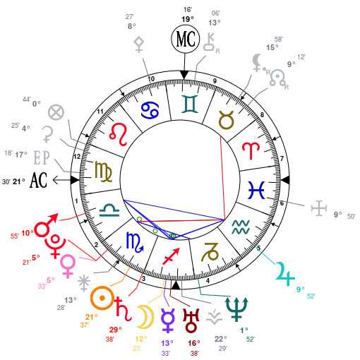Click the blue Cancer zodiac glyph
[x=150, y=109]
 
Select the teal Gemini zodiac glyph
[x=190, y=104]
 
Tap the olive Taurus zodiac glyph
[x=226, y=120]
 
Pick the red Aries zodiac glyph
[x=250, y=150]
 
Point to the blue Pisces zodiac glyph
[x=256, y=190]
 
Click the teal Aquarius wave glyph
[x=241, y=227]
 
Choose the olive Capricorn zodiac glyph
[x=210, y=252]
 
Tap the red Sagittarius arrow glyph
[x=171, y=256]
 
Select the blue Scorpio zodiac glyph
[x=134, y=241]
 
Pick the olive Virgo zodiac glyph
[x=104, y=171]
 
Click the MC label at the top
[x=186, y=40]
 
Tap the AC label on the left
[x=38, y=180]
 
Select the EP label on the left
[x=41, y=157]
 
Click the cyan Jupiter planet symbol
[x=284, y=274]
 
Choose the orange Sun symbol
[x=102, y=298]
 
